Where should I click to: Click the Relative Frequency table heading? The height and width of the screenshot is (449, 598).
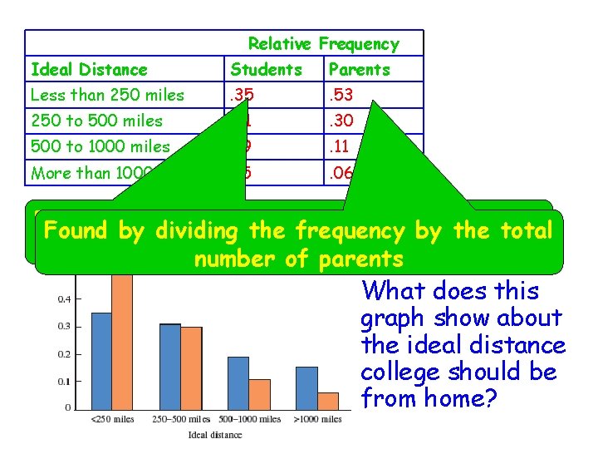pyautogui.click(x=323, y=44)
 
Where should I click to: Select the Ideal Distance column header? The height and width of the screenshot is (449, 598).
pyautogui.click(x=89, y=70)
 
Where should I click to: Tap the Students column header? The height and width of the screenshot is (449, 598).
pyautogui.click(x=266, y=70)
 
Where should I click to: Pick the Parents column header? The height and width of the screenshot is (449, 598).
pyautogui.click(x=359, y=70)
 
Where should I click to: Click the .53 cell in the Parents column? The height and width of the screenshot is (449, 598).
pyautogui.click(x=341, y=95)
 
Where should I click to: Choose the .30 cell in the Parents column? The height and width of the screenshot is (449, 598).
pyautogui.click(x=341, y=121)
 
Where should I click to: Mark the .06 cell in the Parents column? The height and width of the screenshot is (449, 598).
pyautogui.click(x=341, y=173)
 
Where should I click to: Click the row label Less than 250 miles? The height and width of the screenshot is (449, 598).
pyautogui.click(x=107, y=95)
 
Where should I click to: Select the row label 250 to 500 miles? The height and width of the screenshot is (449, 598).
pyautogui.click(x=96, y=121)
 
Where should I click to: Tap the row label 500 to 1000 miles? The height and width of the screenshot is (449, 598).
pyautogui.click(x=100, y=147)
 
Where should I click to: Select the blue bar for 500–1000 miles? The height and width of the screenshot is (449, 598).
pyautogui.click(x=238, y=382)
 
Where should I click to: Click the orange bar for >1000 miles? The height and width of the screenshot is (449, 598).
pyautogui.click(x=329, y=400)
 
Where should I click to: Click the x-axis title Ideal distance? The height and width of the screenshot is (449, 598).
pyautogui.click(x=215, y=435)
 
